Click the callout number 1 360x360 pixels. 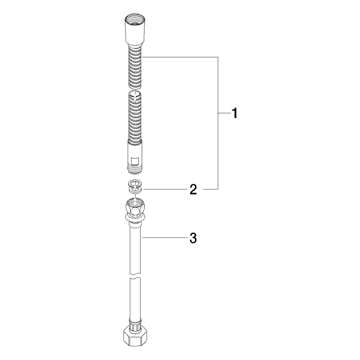click(x=234, y=113)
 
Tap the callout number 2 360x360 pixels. click(x=193, y=189)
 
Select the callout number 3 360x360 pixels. click(x=193, y=238)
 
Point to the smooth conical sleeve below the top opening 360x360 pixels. click(x=135, y=35)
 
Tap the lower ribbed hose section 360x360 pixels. click(x=135, y=117)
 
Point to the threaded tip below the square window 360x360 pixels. click(x=135, y=169)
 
